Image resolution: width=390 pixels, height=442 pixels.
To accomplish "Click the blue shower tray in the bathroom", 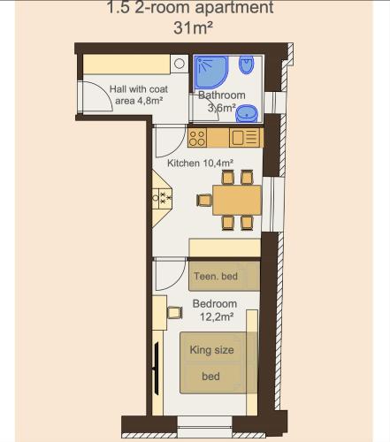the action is tap(210, 72).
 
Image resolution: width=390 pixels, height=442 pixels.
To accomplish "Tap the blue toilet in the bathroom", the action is tap(247, 65).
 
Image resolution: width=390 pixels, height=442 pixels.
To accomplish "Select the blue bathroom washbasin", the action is tap(247, 113).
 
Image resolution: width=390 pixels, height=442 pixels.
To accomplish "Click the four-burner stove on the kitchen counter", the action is tap(197, 138).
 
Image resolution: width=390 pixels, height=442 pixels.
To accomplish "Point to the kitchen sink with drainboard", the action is tap(245, 138).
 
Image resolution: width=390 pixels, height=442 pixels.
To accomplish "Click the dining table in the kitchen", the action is tap(237, 200).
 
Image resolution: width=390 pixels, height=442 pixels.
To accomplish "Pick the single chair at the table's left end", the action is tap(204, 200).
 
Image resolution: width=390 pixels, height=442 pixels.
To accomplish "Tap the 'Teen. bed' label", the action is tap(216, 276).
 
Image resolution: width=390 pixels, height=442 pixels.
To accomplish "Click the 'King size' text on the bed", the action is tap(211, 350).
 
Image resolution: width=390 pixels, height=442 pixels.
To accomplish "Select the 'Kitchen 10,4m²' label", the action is tap(201, 163).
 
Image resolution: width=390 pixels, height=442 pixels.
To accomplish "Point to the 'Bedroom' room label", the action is tap(215, 303).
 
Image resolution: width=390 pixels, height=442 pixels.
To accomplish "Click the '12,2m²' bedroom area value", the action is tap(217, 316).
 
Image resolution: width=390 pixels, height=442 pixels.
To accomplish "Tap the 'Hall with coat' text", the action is tap(139, 89).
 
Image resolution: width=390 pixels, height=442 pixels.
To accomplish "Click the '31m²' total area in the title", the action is tap(193, 28).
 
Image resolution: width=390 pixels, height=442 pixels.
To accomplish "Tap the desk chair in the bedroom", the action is tap(175, 313).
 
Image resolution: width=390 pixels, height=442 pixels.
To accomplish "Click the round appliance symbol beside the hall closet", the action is tap(180, 64).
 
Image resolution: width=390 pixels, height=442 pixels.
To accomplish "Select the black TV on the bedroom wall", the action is tap(157, 368).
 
